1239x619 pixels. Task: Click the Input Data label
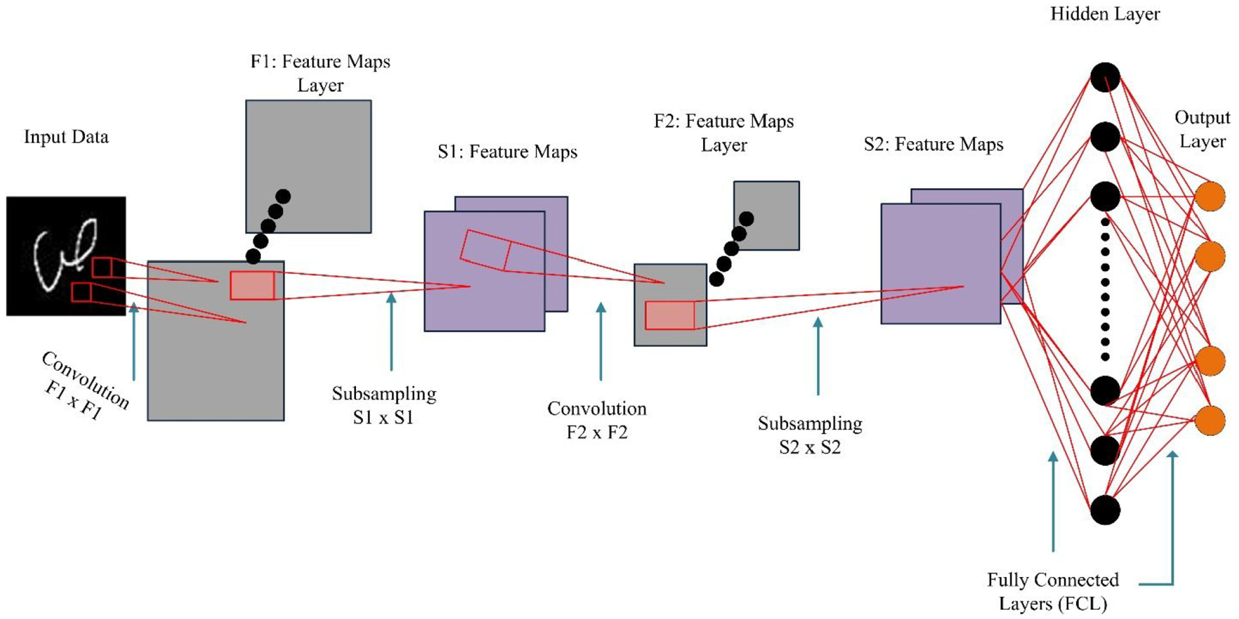point(66,137)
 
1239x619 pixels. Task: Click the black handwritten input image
point(65,256)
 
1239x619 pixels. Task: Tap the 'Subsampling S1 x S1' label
point(384,405)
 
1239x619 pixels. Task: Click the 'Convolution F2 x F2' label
point(597,420)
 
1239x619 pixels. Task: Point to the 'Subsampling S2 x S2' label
point(810,435)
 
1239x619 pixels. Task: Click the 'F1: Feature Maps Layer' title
point(321,73)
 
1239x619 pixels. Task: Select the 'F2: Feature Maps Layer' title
point(724,133)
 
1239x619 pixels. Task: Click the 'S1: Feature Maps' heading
point(508,152)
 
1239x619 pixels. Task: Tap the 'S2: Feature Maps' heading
point(934,144)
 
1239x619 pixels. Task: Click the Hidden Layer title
point(1105,14)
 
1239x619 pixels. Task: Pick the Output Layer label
point(1202,129)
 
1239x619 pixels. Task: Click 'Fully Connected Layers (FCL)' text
point(1053,592)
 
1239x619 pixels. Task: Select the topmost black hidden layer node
point(1105,77)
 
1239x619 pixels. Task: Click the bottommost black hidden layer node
point(1105,510)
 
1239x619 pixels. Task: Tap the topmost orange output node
point(1210,197)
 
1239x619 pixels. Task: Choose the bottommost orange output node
point(1210,420)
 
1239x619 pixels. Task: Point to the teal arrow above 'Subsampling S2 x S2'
point(818,356)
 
